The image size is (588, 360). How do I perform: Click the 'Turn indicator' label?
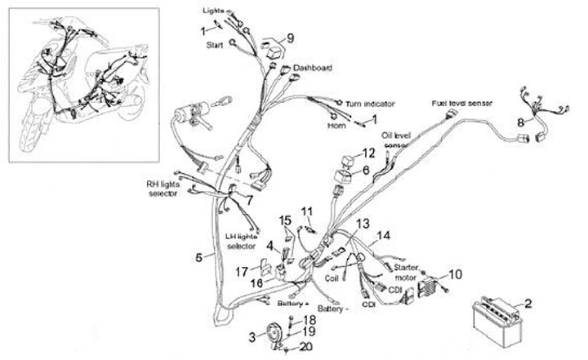[371, 104]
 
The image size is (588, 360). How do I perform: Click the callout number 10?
[456, 273]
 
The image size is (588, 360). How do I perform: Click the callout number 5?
[199, 257]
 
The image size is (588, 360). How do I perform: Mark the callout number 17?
[243, 272]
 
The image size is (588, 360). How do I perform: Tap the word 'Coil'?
[331, 277]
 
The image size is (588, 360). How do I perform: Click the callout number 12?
[369, 153]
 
